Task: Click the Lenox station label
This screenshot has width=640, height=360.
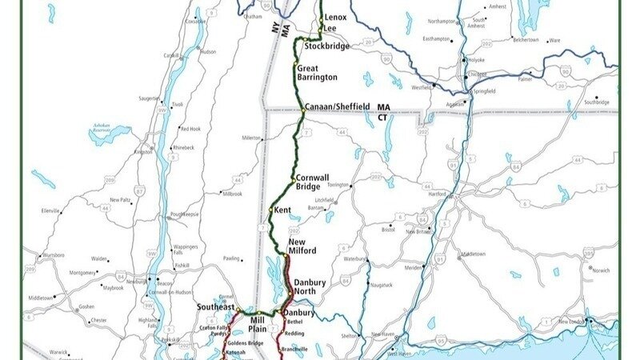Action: pos(335,17)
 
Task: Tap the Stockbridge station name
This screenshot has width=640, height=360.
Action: pos(324,46)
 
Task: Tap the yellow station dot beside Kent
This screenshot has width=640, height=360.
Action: pos(271,210)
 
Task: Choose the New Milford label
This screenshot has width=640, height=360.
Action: pos(302,246)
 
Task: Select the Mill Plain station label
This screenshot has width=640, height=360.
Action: pos(257,324)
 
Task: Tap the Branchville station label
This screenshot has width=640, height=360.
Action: pos(298,349)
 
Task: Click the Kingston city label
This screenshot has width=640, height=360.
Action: pos(144,151)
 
